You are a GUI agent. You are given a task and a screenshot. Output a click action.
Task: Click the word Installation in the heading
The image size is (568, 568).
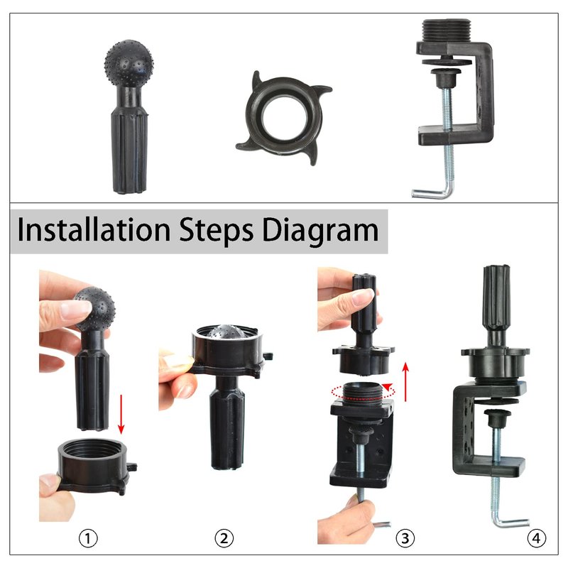(94, 229)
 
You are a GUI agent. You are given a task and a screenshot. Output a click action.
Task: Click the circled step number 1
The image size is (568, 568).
(88, 538)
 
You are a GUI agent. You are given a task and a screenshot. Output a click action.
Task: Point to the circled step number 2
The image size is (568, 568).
(224, 538)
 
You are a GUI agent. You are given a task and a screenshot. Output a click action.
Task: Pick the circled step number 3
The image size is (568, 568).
(405, 538)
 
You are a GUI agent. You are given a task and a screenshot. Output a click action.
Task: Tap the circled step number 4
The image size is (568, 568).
(536, 538)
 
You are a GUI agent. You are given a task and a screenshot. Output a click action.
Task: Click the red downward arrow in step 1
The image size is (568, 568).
(121, 414)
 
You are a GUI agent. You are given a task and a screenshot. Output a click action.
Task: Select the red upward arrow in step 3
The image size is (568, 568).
(405, 381)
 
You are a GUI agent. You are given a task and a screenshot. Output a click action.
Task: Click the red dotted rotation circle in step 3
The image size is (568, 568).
(363, 391)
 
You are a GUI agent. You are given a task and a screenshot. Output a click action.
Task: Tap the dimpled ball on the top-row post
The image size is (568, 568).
(129, 62)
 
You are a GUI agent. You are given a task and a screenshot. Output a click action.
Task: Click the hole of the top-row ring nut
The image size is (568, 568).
(285, 117)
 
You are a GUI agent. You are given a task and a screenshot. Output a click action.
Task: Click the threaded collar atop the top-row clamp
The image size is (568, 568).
(447, 31)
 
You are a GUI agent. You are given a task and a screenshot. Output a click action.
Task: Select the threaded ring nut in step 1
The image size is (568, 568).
(97, 466)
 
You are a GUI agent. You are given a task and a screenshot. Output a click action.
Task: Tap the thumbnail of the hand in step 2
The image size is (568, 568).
(178, 361)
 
